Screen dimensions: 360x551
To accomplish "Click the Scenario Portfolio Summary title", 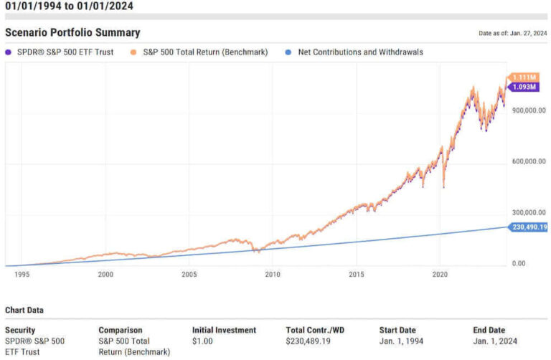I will (x=72, y=33).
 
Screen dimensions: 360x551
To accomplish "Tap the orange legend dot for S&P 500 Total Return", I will (x=133, y=52).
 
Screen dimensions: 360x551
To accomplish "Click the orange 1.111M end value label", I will (x=528, y=77).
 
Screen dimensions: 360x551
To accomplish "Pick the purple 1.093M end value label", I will (x=528, y=87).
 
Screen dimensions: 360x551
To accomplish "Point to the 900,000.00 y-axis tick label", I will (x=527, y=110).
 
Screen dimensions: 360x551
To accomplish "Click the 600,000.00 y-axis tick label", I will (x=527, y=161).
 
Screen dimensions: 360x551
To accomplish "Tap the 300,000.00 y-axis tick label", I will (x=527, y=212).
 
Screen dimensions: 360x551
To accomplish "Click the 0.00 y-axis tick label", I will (x=517, y=264).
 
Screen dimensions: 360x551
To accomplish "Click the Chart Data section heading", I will (x=24, y=311).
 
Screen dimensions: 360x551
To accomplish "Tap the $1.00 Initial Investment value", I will (x=204, y=341).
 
